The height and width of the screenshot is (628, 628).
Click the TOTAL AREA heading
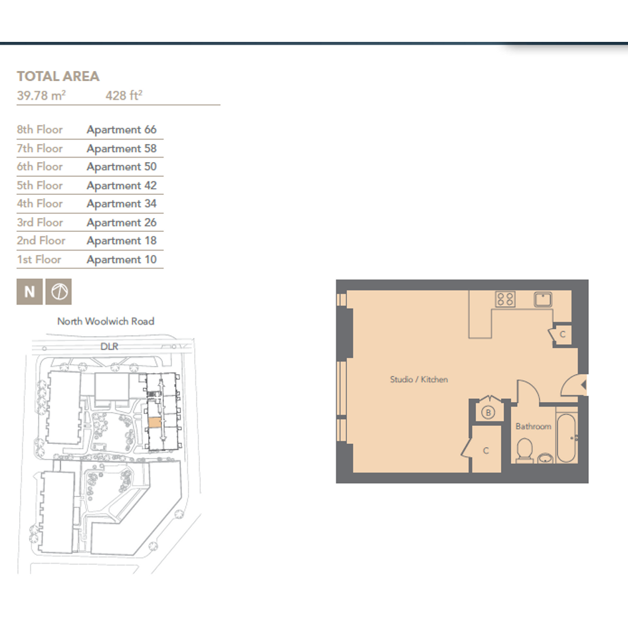[58, 76]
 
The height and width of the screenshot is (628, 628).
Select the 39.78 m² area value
[41, 95]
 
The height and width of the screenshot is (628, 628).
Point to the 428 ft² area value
[124, 95]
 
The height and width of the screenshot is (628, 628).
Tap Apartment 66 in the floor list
[122, 130]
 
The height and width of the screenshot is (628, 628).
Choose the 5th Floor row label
[40, 185]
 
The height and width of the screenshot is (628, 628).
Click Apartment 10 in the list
[122, 260]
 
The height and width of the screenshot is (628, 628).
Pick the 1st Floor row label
[39, 260]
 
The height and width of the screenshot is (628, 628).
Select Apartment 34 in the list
[122, 203]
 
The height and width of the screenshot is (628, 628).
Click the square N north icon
[30, 292]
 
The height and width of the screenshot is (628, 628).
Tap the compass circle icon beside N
[58, 292]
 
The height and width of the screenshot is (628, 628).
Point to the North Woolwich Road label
[106, 321]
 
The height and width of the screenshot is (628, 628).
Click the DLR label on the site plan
[110, 346]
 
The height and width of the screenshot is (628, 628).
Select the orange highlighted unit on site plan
[155, 423]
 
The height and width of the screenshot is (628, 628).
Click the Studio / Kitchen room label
[419, 379]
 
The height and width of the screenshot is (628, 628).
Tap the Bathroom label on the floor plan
[533, 426]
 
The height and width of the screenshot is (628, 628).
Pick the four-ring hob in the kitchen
[505, 299]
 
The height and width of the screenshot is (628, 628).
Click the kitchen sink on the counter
[543, 300]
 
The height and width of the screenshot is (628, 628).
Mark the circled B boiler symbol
[488, 413]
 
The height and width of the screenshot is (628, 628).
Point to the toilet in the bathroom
[524, 451]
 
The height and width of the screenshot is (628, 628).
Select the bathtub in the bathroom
[566, 438]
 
